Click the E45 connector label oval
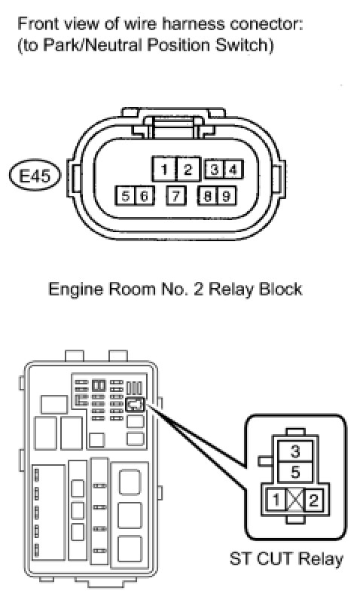click(35, 176)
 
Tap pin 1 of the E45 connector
click(164, 169)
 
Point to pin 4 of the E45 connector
click(233, 170)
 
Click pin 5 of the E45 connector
click(125, 195)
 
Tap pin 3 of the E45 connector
click(215, 170)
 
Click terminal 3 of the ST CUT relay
click(295, 451)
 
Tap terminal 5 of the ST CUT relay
click(295, 473)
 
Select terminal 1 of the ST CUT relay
click(276, 500)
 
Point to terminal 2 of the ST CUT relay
click(314, 500)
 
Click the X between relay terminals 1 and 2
click(295, 500)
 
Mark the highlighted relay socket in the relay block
click(135, 405)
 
